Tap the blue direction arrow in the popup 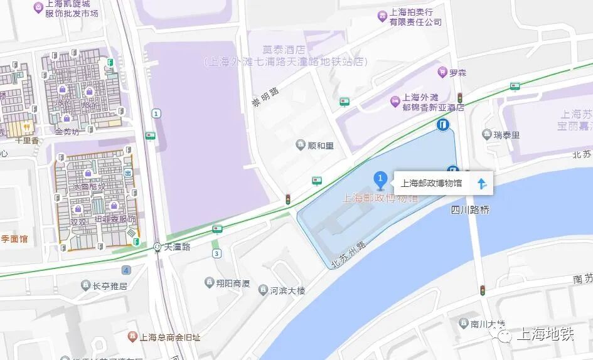point(481,184)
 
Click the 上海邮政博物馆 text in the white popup point(431,184)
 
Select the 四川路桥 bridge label point(470,210)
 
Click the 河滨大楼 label point(287,290)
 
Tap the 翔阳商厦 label point(233,283)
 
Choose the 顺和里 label point(320,146)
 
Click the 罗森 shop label point(457,73)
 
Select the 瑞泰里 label point(506,134)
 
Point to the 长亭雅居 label point(110,287)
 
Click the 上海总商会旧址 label point(169,337)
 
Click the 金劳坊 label point(67,132)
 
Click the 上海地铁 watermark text point(543,334)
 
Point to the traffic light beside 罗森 point(459,98)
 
